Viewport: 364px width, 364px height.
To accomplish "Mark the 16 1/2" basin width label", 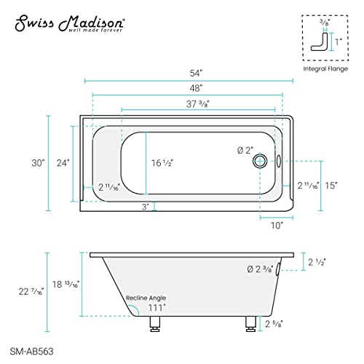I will coord(162,162).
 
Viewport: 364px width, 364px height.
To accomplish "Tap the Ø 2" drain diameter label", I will coord(245,150).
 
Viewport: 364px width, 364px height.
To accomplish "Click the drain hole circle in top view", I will coord(258,162).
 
